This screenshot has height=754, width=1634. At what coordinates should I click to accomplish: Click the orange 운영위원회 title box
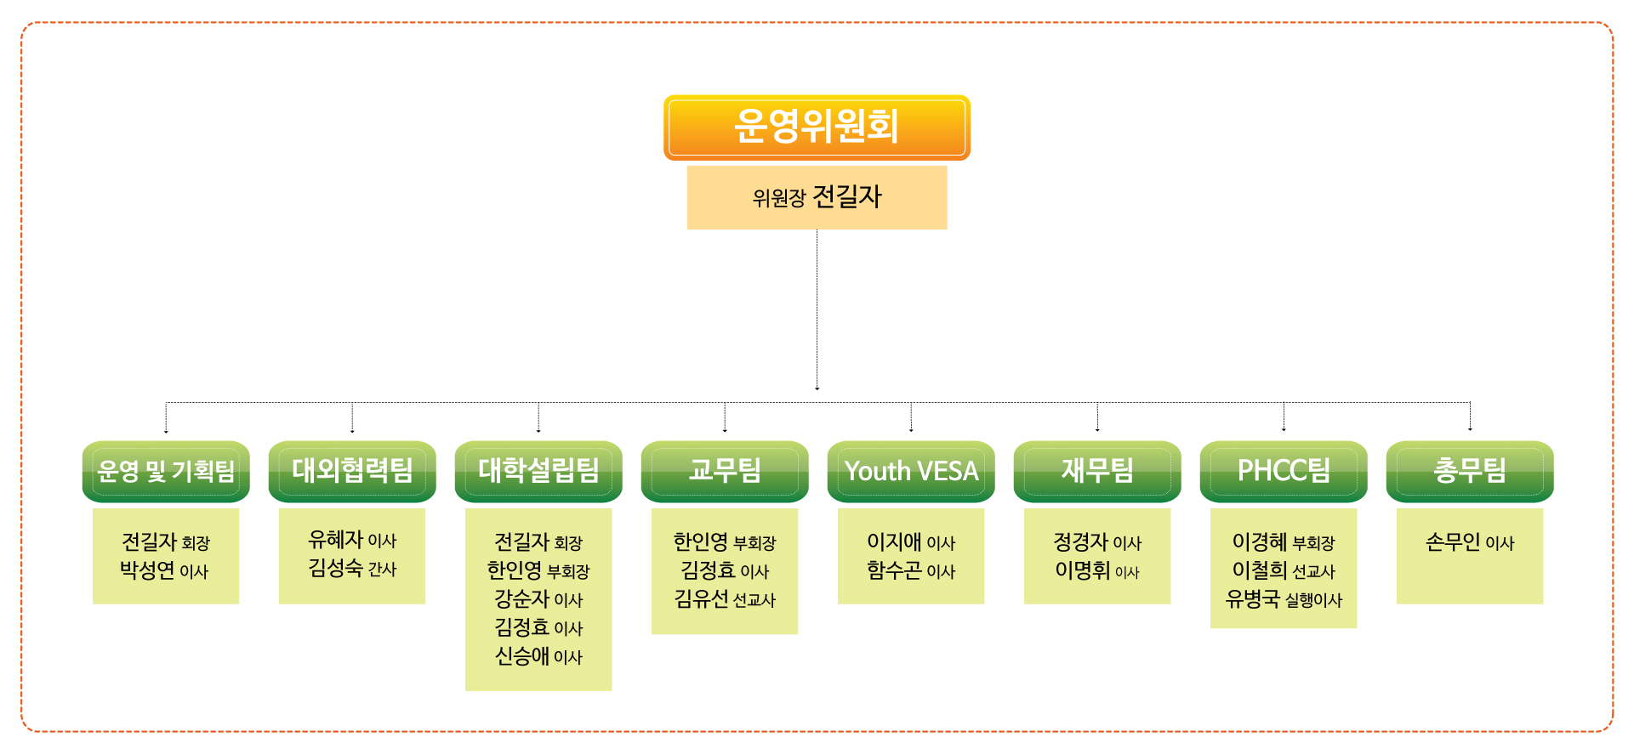pyautogui.click(x=817, y=128)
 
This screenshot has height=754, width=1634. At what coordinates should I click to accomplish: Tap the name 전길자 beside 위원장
pyautogui.click(x=847, y=197)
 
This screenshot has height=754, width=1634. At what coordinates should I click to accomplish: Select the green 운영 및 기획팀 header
pyautogui.click(x=166, y=471)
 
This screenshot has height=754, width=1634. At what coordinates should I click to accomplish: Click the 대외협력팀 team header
pyautogui.click(x=352, y=471)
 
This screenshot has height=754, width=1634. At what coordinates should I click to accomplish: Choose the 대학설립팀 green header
pyautogui.click(x=538, y=471)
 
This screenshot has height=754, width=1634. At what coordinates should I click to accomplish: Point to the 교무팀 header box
pyautogui.click(x=725, y=471)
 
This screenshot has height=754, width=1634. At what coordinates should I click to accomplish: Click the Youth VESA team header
pyautogui.click(x=911, y=471)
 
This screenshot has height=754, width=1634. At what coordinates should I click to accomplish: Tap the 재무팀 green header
pyautogui.click(x=1097, y=471)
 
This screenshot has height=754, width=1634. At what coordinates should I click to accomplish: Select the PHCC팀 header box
pyautogui.click(x=1284, y=471)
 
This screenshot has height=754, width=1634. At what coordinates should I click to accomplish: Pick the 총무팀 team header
pyautogui.click(x=1470, y=471)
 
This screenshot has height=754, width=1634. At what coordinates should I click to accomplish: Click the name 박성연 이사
pyautogui.click(x=164, y=570)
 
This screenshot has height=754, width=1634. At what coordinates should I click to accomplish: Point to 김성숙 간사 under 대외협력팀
pyautogui.click(x=352, y=568)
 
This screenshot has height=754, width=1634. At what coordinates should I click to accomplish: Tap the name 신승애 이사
pyautogui.click(x=538, y=656)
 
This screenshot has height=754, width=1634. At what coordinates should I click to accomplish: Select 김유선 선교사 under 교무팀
pyautogui.click(x=725, y=599)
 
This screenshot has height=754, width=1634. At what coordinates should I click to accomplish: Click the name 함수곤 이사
pyautogui.click(x=911, y=570)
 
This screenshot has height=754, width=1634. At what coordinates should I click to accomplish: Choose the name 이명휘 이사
pyautogui.click(x=1097, y=570)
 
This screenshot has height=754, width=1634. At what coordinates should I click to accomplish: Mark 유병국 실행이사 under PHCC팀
pyautogui.click(x=1284, y=599)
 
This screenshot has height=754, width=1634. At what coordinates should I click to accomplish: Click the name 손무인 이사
pyautogui.click(x=1470, y=542)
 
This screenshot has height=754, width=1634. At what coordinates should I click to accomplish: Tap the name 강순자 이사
pyautogui.click(x=538, y=599)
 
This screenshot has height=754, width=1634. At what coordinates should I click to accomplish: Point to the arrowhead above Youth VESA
pyautogui.click(x=911, y=429)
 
